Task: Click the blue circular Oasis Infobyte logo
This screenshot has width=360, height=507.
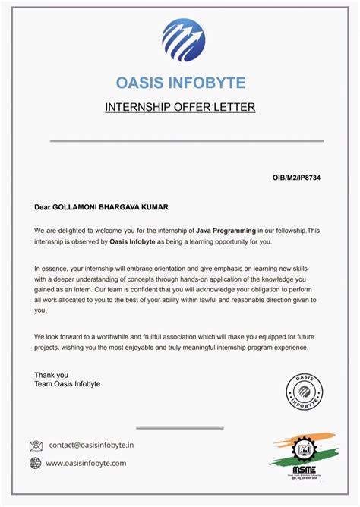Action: tap(183, 39)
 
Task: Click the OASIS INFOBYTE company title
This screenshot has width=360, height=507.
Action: tap(181, 82)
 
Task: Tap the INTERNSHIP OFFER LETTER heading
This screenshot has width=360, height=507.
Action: tap(180, 107)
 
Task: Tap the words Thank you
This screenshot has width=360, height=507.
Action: tap(51, 375)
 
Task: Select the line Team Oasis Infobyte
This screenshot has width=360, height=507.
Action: tap(67, 384)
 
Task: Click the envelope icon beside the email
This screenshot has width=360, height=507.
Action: tap(36, 446)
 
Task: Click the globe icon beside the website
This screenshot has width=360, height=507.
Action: tap(36, 463)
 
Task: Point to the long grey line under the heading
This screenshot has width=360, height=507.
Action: tap(187, 140)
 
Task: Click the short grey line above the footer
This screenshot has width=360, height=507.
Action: tap(179, 427)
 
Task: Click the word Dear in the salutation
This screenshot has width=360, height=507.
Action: tap(43, 206)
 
